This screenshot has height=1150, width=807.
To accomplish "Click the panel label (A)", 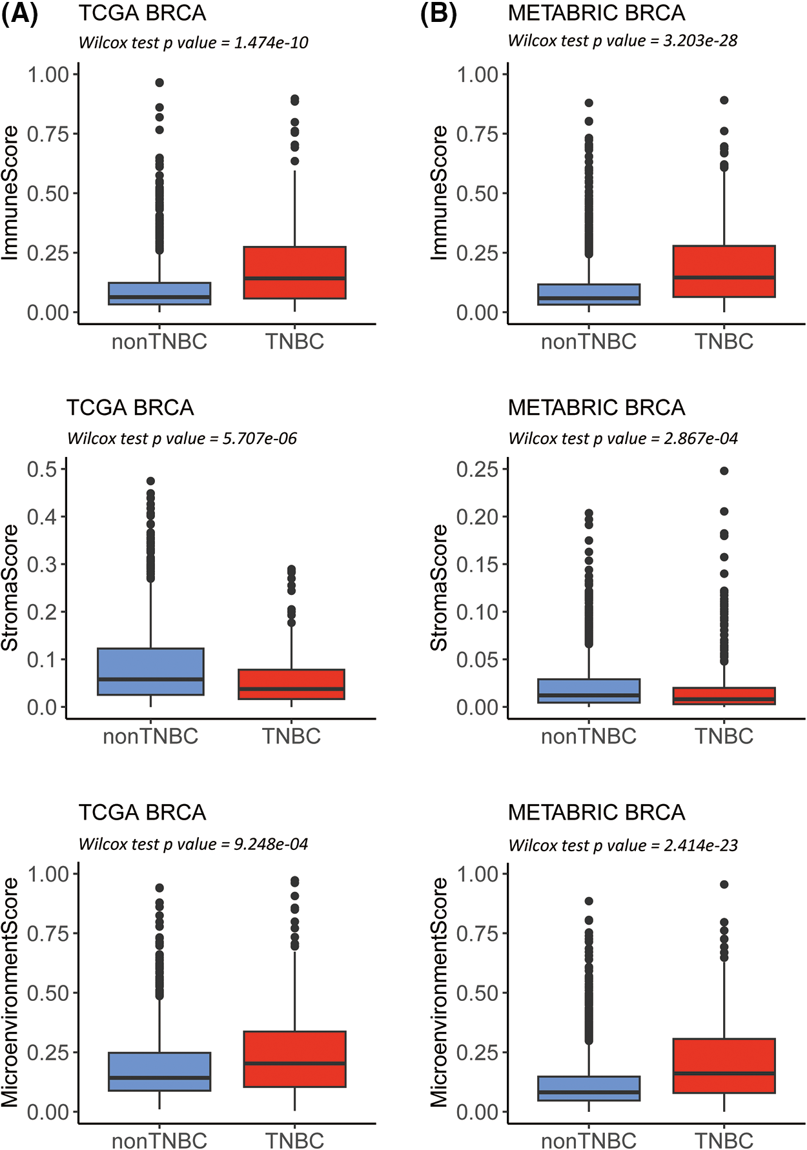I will tap(19, 14).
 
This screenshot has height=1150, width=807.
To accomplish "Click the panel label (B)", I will tap(438, 14).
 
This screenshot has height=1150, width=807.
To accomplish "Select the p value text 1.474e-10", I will tap(271, 43).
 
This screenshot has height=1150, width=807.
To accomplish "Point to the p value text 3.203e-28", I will tap(700, 41).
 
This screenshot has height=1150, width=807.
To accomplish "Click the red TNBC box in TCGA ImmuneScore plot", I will tap(294, 272).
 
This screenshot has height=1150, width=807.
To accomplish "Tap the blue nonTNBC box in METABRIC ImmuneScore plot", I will tap(589, 294).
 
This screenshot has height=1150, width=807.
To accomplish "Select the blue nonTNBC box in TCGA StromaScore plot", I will tap(150, 671).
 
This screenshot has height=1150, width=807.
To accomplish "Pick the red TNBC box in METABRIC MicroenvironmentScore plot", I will tap(724, 1065).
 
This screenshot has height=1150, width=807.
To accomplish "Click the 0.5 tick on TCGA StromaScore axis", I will tap(42, 469).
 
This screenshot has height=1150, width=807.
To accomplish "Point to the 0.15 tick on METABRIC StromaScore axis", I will tap(477, 565).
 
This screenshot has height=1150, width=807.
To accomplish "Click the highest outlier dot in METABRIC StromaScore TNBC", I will tap(724, 471).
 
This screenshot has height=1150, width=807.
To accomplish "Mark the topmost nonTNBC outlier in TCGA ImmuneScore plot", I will tap(159, 83).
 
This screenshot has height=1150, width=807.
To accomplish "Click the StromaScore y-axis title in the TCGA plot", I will tap(10, 587).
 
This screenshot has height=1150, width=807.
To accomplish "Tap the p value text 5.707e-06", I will tap(260, 439).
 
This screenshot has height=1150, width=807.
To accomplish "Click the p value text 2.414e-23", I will tap(700, 845).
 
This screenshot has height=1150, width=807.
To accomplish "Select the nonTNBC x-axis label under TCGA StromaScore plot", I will tap(150, 736).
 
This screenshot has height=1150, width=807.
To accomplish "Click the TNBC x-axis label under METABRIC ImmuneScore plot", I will tap(724, 341).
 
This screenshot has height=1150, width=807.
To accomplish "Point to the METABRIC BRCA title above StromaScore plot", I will tap(596, 408).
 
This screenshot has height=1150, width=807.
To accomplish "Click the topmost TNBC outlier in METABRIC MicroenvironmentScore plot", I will tap(724, 885).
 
